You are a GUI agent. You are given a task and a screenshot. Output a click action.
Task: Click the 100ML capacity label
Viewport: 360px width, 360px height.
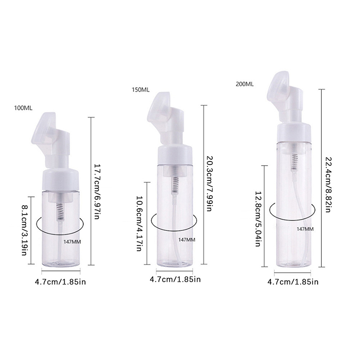point(23,108)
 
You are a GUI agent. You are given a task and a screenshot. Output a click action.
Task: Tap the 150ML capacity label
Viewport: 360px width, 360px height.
point(140,90)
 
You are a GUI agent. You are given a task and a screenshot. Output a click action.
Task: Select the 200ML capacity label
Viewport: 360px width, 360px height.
point(245,84)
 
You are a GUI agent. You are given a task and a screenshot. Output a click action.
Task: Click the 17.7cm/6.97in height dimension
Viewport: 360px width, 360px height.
point(97,191)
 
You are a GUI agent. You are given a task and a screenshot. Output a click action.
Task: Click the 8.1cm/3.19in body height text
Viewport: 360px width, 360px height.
point(24,230)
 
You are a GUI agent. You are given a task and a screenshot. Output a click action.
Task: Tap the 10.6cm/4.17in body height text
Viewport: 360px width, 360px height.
point(139,223)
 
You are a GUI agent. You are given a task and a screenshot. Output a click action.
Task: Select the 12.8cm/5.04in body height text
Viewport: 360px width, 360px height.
point(258,219)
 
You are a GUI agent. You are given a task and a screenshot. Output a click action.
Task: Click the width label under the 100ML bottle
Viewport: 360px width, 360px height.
point(60,282)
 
